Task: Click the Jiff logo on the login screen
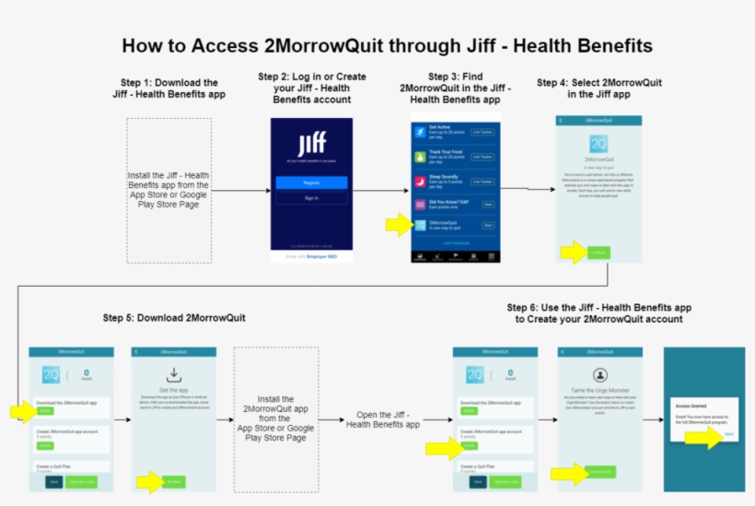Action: tap(311, 145)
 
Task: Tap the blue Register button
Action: tap(311, 182)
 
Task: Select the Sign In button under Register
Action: tap(311, 198)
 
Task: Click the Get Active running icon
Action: tap(420, 133)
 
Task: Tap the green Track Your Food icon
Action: tap(420, 157)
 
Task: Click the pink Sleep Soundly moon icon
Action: tap(420, 181)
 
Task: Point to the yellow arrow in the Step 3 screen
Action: tap(398, 224)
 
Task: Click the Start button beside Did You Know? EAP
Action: tap(488, 204)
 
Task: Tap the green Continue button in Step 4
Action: tap(598, 252)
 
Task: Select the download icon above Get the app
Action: tap(174, 375)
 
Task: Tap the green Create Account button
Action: tap(600, 473)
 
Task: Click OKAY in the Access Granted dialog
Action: tap(728, 434)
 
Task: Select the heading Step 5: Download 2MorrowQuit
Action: tap(174, 318)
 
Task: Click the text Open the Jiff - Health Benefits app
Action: tap(382, 419)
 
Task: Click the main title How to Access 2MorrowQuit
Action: tap(388, 45)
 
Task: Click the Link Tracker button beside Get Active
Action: tap(482, 133)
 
